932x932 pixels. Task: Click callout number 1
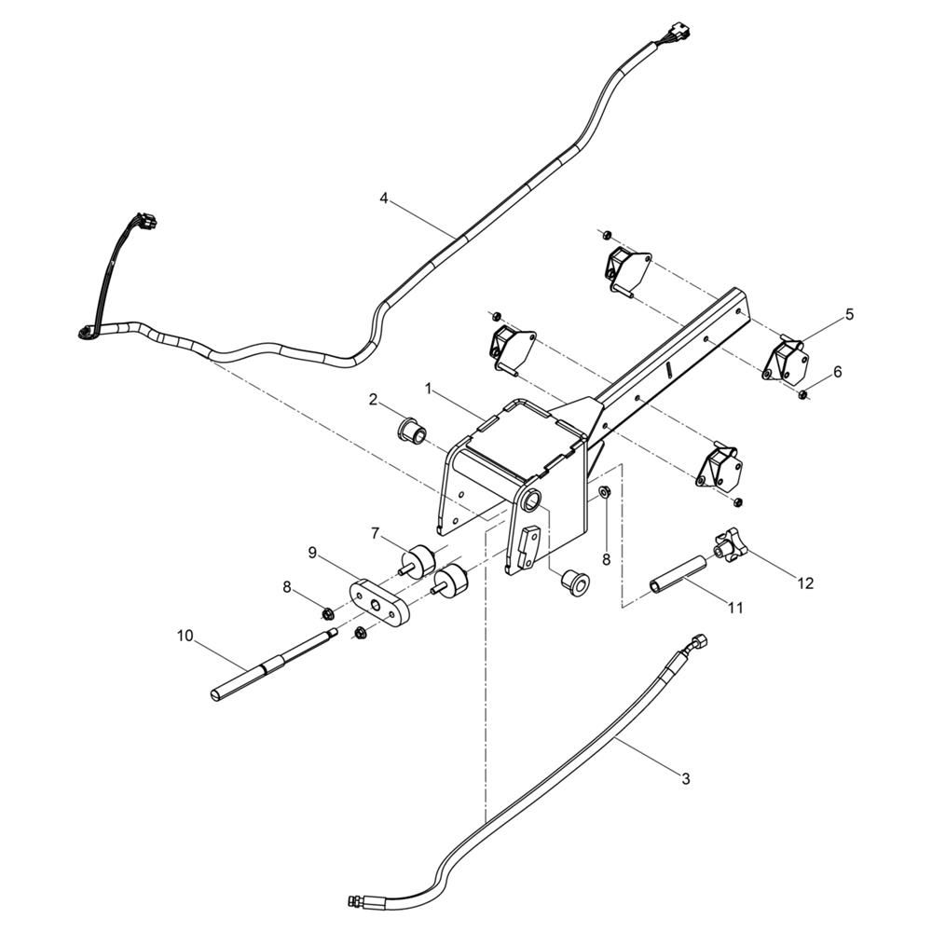[428, 389]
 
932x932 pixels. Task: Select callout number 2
[374, 400]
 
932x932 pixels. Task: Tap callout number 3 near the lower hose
[685, 778]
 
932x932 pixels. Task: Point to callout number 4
[384, 199]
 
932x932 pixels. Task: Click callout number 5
[849, 314]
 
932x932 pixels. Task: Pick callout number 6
[838, 372]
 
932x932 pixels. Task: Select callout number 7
[375, 534]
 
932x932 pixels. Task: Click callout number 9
[312, 554]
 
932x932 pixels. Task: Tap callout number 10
[185, 636]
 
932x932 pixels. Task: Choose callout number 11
[736, 608]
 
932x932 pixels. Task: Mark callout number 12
[805, 583]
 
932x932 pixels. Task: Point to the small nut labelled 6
[802, 393]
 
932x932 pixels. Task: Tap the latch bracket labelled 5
[785, 358]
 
